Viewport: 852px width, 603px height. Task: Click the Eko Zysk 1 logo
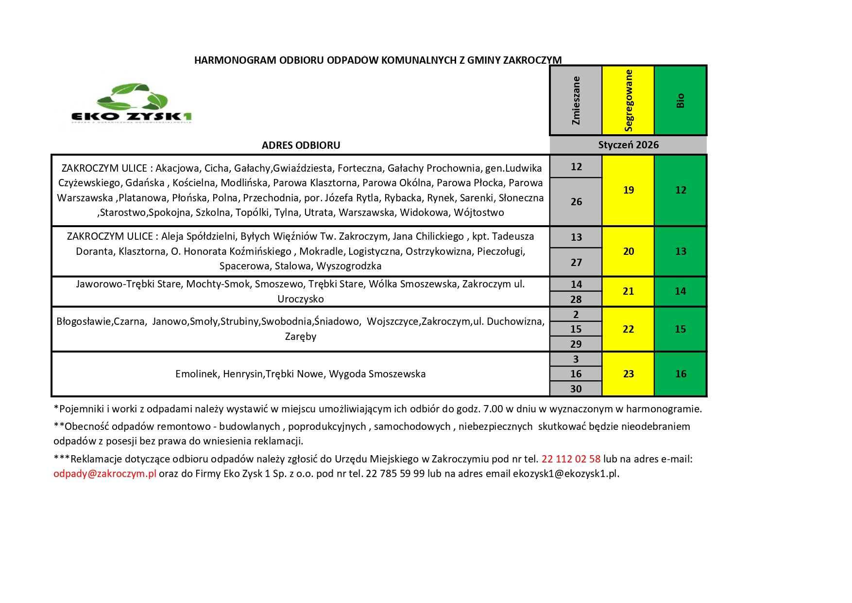pyautogui.click(x=132, y=103)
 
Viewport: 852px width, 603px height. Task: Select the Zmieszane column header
pyautogui.click(x=576, y=100)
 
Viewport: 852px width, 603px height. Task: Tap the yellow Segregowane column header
pyautogui.click(x=628, y=100)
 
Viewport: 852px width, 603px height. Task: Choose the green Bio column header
pyautogui.click(x=680, y=100)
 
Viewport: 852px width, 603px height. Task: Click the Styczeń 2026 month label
pyautogui.click(x=628, y=145)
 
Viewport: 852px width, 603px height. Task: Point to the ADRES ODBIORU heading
pyautogui.click(x=301, y=145)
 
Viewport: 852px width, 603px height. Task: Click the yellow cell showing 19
pyautogui.click(x=628, y=190)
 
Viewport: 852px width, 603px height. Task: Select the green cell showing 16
pyautogui.click(x=680, y=374)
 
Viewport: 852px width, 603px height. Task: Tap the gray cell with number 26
pyautogui.click(x=576, y=202)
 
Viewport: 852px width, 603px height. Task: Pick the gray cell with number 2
pyautogui.click(x=576, y=314)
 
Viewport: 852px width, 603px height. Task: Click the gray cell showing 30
pyautogui.click(x=576, y=389)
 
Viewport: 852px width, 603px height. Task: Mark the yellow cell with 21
pyautogui.click(x=628, y=291)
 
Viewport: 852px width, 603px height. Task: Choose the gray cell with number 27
pyautogui.click(x=576, y=263)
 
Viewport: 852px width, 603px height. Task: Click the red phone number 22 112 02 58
pyautogui.click(x=571, y=459)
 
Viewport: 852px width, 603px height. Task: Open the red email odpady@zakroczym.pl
pyautogui.click(x=105, y=474)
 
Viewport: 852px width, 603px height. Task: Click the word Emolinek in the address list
pyautogui.click(x=196, y=374)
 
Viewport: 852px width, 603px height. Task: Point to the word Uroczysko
pyautogui.click(x=300, y=299)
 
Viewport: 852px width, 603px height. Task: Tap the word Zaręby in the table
pyautogui.click(x=300, y=337)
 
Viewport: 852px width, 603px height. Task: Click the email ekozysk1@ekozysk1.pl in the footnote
pyautogui.click(x=565, y=474)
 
